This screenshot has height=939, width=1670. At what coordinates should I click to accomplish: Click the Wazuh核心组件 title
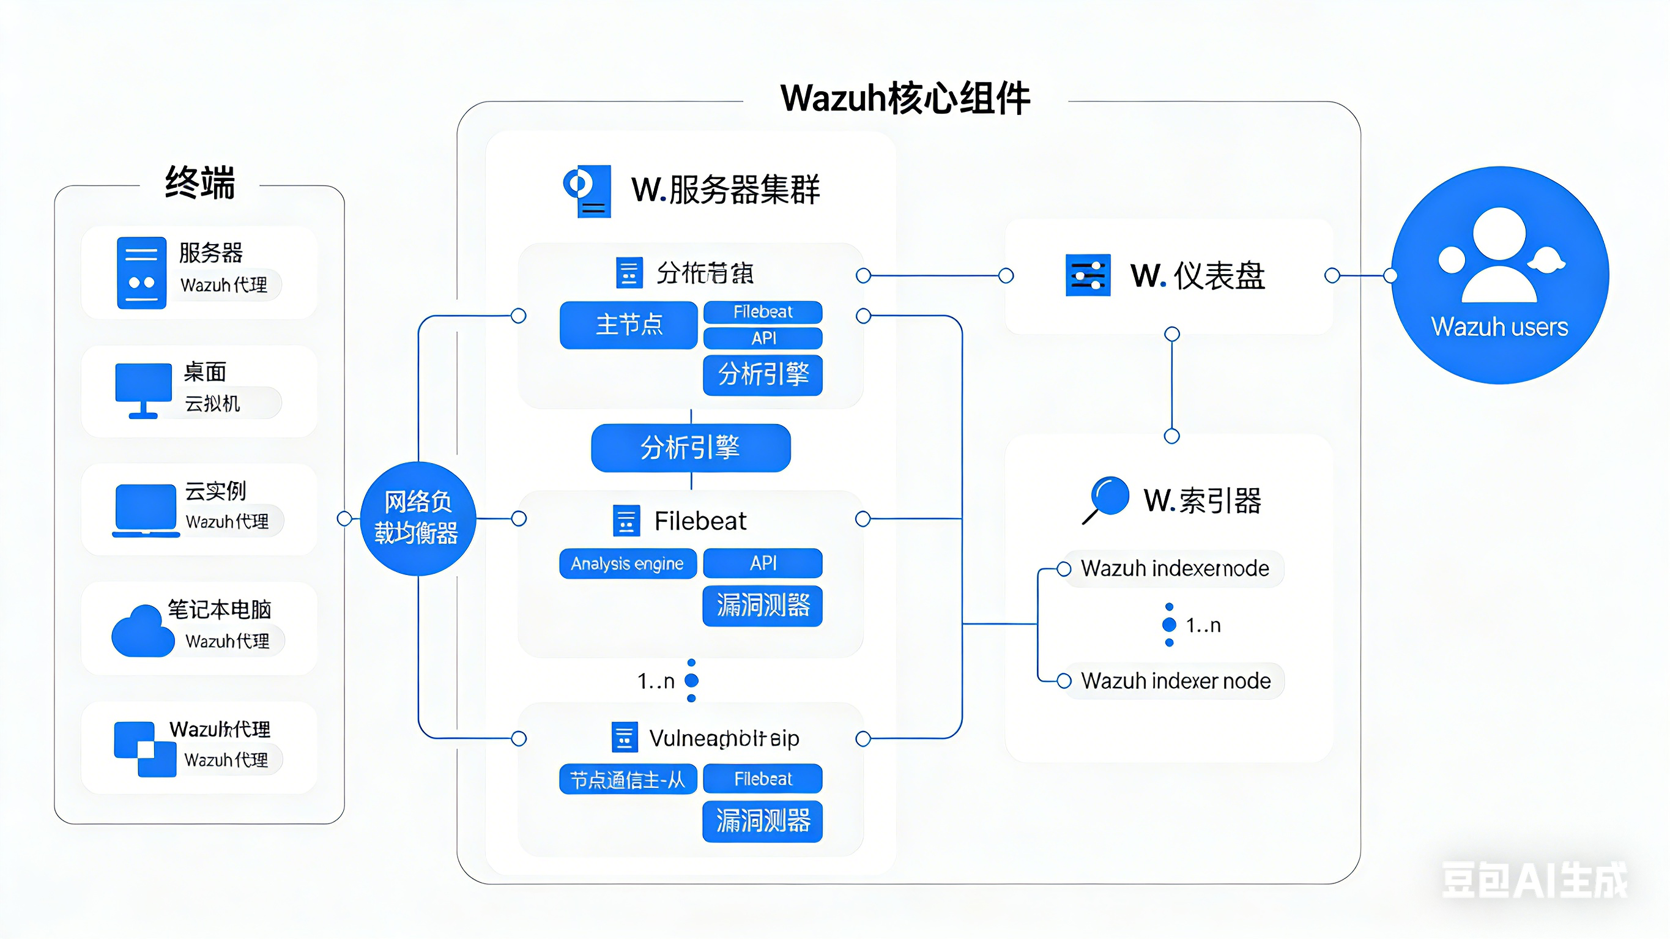click(905, 98)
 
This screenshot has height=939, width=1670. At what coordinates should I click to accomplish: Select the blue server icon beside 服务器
click(141, 273)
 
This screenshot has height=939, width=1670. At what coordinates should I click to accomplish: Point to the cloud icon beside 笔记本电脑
click(143, 633)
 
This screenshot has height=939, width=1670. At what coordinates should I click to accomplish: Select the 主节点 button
click(628, 324)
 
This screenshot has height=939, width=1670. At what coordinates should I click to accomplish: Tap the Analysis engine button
click(628, 563)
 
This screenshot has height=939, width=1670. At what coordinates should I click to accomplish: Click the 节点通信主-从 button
click(628, 779)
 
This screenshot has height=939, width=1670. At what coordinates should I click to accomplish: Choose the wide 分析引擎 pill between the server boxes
click(691, 447)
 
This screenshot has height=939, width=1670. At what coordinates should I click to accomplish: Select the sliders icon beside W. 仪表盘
click(1088, 276)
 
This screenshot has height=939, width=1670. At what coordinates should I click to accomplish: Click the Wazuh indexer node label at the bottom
click(1175, 681)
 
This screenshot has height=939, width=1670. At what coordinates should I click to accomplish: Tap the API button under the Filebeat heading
click(762, 563)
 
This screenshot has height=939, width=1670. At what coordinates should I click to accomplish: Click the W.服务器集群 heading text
click(726, 190)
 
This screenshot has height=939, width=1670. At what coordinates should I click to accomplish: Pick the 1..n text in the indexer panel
click(1203, 625)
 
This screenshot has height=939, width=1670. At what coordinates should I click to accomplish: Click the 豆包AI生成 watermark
click(1534, 880)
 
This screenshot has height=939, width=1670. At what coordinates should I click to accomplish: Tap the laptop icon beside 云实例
click(146, 511)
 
